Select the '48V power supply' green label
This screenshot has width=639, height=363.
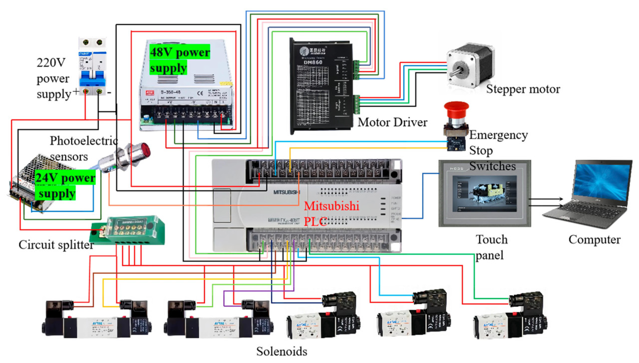[180, 59]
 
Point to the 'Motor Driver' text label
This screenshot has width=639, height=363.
[393, 122]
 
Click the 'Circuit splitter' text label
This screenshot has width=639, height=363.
[56, 245]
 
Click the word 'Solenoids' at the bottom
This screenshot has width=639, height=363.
[282, 351]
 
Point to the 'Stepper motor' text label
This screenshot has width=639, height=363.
[523, 89]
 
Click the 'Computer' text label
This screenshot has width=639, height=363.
[594, 240]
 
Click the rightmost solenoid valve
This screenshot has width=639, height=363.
[509, 314]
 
